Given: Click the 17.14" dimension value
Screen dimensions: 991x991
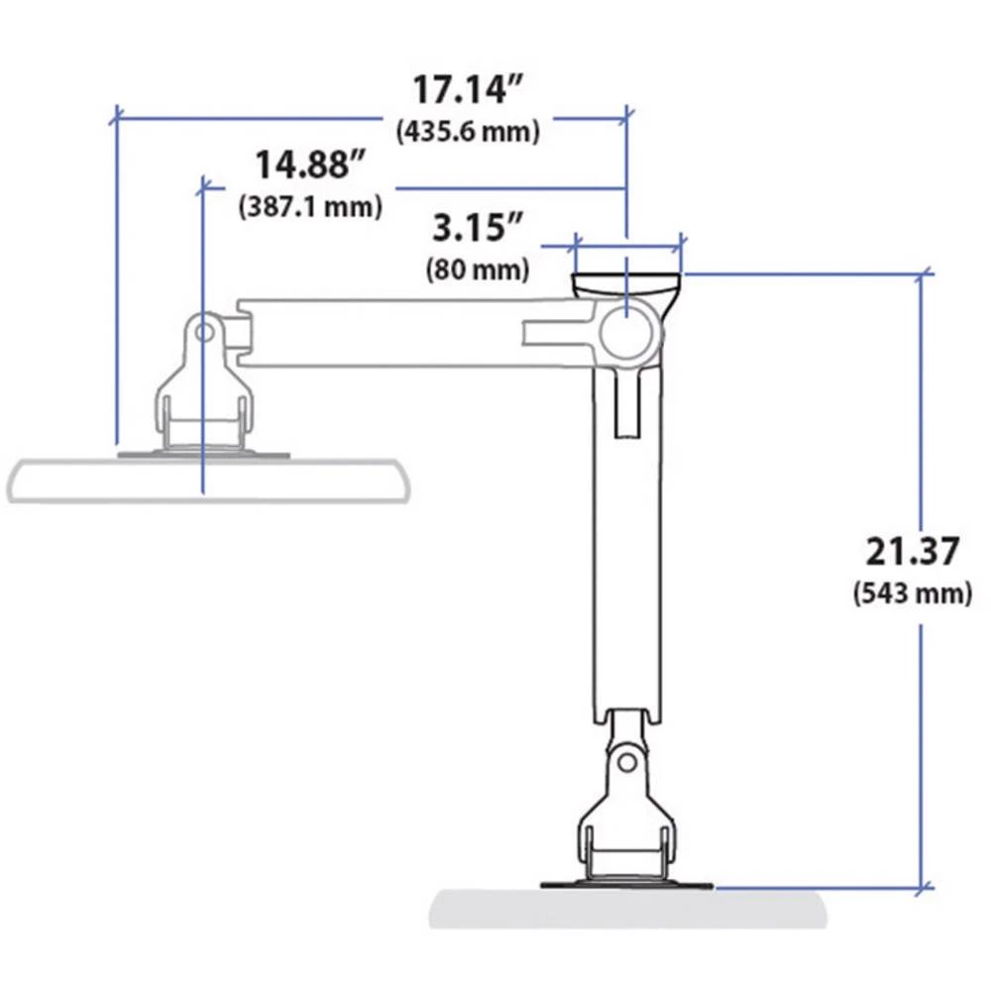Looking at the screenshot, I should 467,90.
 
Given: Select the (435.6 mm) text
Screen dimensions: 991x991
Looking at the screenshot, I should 467,132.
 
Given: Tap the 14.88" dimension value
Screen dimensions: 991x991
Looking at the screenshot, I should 311,165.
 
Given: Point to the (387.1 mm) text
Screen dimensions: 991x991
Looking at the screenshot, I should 310,207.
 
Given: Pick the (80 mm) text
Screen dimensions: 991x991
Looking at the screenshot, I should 477,269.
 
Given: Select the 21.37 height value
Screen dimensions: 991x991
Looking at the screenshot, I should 912,552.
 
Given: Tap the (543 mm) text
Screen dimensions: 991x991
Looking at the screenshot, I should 912,594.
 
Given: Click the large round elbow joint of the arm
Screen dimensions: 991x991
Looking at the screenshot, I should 628,332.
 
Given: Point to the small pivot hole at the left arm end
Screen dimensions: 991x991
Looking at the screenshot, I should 204,331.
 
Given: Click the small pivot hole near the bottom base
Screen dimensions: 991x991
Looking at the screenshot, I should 626,761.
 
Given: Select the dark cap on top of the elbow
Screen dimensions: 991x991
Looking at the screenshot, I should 627,283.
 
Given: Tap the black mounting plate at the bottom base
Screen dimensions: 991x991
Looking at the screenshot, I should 626,885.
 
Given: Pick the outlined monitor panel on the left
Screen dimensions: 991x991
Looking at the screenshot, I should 208,481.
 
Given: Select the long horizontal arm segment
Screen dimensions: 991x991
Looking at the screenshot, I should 396,333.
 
